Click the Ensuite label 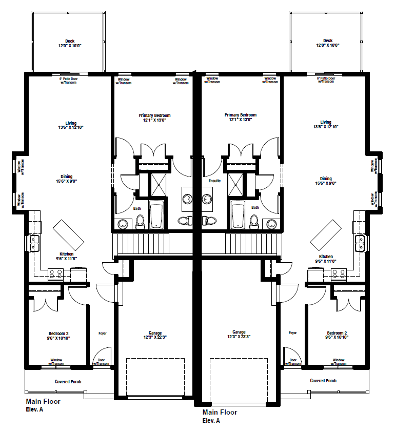tap(214, 181)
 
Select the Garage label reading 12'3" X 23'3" tap(239, 335)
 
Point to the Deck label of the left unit tap(70, 43)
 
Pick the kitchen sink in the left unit tap(35, 244)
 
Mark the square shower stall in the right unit tap(238, 185)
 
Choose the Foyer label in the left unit tap(103, 333)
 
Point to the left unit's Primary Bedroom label tap(154, 117)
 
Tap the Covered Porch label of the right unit tap(324, 381)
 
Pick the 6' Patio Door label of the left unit tap(69, 81)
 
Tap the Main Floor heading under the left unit tap(43, 401)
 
